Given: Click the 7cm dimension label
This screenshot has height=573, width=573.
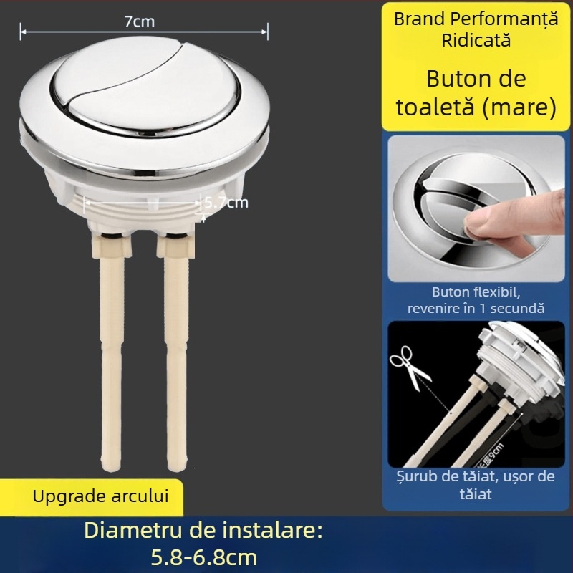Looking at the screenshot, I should (139, 21).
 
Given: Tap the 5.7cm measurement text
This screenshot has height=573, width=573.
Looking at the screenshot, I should (226, 202).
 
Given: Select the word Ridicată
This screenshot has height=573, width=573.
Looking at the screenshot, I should (475, 39).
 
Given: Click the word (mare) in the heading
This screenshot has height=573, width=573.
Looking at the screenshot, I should (520, 107).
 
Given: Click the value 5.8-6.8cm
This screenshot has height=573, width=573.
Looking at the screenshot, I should (203, 557).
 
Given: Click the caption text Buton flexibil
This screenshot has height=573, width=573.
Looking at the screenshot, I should (476, 292).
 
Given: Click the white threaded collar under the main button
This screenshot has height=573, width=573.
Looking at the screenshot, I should (143, 204).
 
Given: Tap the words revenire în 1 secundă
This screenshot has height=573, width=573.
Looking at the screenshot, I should (476, 309).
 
